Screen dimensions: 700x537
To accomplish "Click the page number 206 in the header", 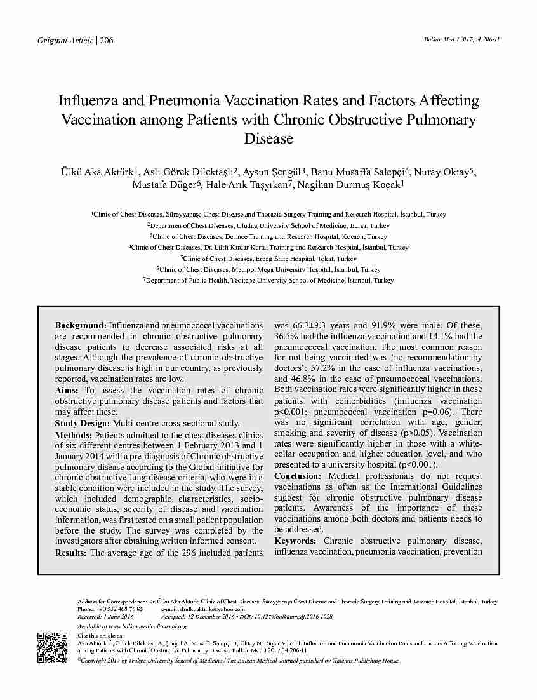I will [x=107, y=41].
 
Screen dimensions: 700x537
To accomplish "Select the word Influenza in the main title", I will [x=88, y=101].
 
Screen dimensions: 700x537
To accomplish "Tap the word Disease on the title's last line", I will [x=268, y=138].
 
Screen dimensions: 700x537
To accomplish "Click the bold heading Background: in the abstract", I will [x=81, y=325].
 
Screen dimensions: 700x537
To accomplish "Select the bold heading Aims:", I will [x=68, y=391].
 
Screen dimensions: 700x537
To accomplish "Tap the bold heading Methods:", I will [x=74, y=435].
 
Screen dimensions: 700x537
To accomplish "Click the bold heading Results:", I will [x=71, y=553].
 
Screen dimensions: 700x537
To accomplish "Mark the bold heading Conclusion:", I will [x=298, y=476].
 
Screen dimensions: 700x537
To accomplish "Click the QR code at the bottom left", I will [x=53, y=647].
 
